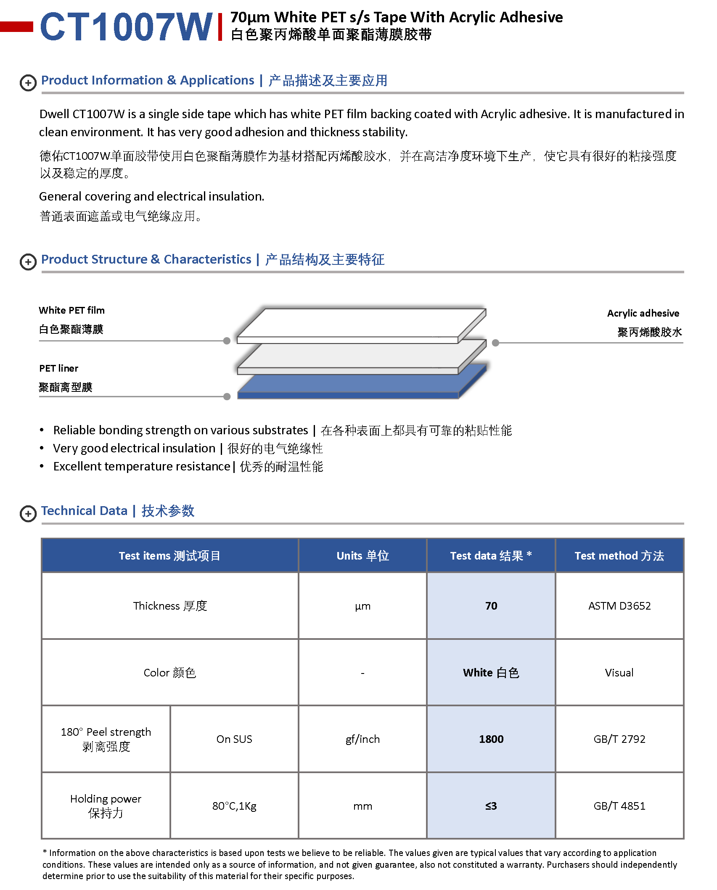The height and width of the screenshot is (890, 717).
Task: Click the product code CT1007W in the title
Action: click(x=126, y=27)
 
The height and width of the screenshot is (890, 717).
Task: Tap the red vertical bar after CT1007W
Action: click(x=220, y=27)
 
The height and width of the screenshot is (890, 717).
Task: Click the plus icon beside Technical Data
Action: click(x=28, y=513)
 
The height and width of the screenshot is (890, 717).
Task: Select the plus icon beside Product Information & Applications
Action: click(x=28, y=83)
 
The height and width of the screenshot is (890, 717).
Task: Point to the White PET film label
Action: click(x=71, y=310)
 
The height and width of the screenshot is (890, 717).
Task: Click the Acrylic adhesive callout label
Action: click(x=643, y=313)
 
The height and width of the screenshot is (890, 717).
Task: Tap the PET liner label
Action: click(x=58, y=368)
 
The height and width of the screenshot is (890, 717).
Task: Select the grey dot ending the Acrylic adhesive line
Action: click(x=495, y=343)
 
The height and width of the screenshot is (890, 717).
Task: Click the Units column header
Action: click(x=362, y=556)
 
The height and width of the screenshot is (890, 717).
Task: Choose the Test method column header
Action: click(x=619, y=556)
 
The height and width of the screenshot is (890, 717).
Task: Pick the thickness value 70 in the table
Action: click(x=491, y=606)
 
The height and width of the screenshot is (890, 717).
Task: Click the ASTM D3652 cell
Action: click(x=619, y=606)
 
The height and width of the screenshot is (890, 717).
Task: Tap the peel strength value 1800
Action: click(x=491, y=739)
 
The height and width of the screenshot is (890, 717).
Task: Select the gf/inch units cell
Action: click(x=362, y=739)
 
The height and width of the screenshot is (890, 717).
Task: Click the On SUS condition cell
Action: click(x=234, y=739)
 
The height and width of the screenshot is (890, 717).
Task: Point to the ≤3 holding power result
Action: click(x=491, y=806)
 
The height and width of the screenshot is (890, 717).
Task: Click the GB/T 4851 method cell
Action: click(x=619, y=806)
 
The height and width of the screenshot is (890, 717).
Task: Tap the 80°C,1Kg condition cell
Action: click(x=234, y=806)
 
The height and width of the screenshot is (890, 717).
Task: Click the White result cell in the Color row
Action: click(x=491, y=673)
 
